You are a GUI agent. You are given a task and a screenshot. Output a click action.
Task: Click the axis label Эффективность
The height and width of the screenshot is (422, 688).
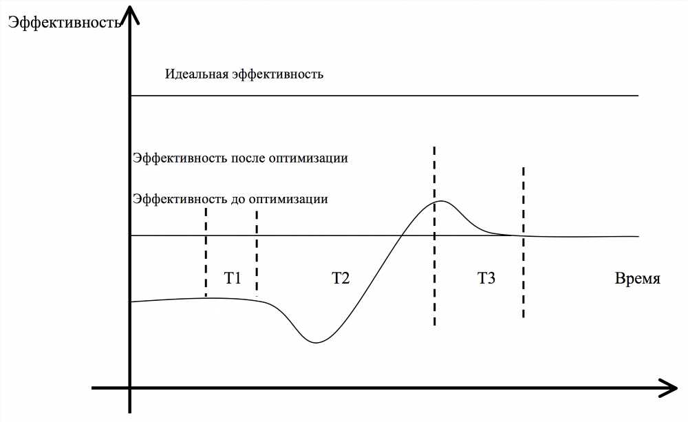pyautogui.click(x=64, y=22)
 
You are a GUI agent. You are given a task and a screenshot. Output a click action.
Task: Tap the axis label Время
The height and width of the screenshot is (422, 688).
pyautogui.click(x=638, y=278)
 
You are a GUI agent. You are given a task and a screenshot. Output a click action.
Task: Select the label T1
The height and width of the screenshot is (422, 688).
pyautogui.click(x=233, y=278)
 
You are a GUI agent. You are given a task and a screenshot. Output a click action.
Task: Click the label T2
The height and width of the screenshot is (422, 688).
pyautogui.click(x=341, y=278)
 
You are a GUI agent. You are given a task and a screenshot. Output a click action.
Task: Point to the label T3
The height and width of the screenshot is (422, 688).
pyautogui.click(x=486, y=278)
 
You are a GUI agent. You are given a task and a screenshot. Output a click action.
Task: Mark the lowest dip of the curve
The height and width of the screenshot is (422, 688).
pyautogui.click(x=316, y=343)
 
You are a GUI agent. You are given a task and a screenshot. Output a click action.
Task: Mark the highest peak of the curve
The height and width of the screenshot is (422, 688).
pyautogui.click(x=441, y=201)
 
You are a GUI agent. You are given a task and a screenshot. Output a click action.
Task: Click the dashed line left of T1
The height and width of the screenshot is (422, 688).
pyautogui.click(x=206, y=253)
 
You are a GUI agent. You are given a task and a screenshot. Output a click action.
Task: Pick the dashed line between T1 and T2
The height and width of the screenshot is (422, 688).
pyautogui.click(x=257, y=254)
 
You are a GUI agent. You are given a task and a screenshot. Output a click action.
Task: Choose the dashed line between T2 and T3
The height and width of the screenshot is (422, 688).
pyautogui.click(x=434, y=236)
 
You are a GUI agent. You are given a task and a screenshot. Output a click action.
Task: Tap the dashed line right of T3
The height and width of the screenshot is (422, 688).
pyautogui.click(x=524, y=242)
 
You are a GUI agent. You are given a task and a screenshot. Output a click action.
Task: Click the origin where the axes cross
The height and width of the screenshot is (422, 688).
pyautogui.click(x=130, y=388)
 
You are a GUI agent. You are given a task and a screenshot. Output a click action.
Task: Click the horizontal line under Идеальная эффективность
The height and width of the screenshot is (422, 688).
pyautogui.click(x=385, y=95)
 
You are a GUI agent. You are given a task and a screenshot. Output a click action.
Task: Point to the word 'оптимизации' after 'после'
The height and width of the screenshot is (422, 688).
pyautogui.click(x=308, y=158)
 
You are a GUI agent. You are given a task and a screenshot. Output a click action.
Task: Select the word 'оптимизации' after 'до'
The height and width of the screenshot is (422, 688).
pyautogui.click(x=288, y=200)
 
